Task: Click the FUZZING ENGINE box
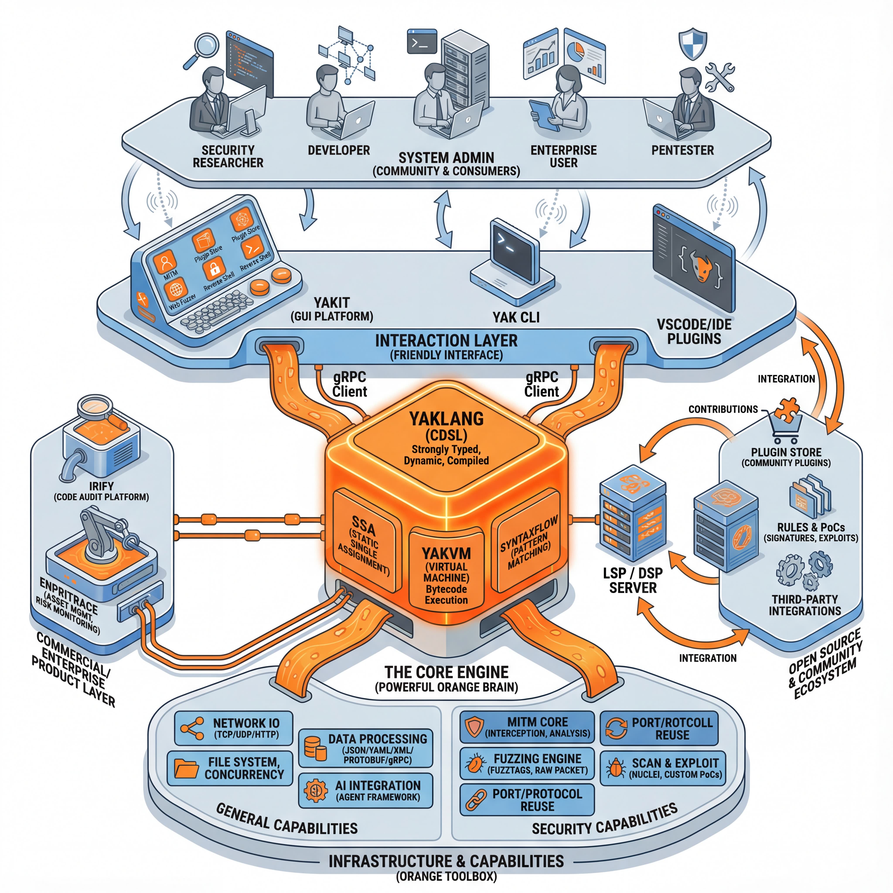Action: [x=527, y=763]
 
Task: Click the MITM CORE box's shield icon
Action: [x=474, y=727]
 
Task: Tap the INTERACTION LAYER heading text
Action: [x=446, y=341]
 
